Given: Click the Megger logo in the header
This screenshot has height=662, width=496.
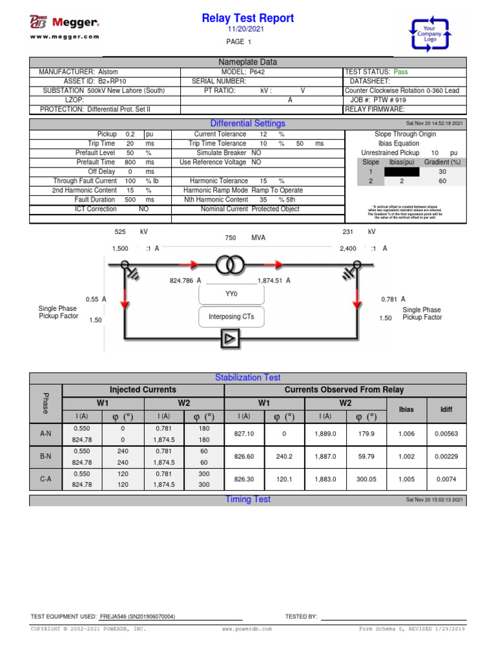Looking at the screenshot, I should click(x=65, y=23).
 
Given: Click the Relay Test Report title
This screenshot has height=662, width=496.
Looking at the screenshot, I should click(x=247, y=18).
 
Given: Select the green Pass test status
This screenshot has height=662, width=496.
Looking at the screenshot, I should click(x=402, y=72).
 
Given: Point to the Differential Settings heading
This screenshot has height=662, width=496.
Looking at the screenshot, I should click(x=247, y=123).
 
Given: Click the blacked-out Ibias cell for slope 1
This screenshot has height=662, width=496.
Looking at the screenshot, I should click(x=401, y=173).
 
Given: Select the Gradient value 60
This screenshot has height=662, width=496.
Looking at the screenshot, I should click(x=442, y=182).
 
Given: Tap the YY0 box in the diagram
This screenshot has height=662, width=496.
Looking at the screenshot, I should click(x=231, y=294).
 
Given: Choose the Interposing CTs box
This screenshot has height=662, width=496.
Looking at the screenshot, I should click(x=231, y=317).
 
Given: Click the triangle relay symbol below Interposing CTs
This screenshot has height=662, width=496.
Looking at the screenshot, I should click(x=229, y=337).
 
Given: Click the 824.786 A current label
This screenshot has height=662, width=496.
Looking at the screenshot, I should click(x=186, y=281).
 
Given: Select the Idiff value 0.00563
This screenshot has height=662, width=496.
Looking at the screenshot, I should click(x=446, y=434).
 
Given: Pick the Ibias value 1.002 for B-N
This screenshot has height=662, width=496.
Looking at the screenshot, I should click(x=406, y=456).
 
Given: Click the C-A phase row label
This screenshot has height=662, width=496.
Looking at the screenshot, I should click(x=46, y=479).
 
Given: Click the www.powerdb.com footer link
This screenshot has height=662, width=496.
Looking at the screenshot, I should click(x=247, y=628).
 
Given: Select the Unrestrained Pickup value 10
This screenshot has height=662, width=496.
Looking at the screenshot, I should click(x=435, y=153).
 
